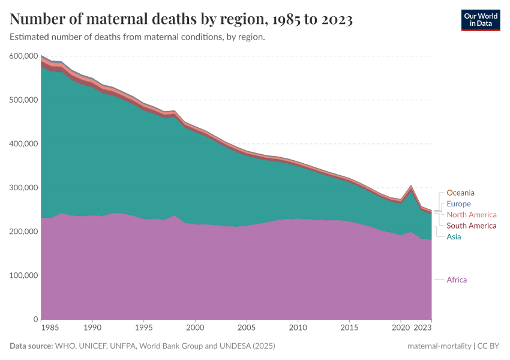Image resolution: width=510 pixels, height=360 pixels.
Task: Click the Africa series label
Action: click(457, 280)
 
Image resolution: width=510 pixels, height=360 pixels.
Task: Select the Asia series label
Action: click(454, 236)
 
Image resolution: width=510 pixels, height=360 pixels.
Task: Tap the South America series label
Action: click(472, 226)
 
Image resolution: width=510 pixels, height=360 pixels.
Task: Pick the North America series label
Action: click(472, 215)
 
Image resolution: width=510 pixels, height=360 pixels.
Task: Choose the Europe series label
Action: click(459, 204)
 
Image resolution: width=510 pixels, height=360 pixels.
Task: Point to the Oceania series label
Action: click(460, 193)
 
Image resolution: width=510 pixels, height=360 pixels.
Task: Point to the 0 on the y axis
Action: click(36, 319)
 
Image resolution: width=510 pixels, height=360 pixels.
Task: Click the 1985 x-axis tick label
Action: click(51, 328)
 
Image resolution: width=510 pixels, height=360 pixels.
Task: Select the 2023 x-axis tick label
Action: click(423, 328)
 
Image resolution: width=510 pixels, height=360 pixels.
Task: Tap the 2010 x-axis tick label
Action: click(298, 328)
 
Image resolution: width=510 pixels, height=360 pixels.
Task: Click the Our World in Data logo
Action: click(480, 20)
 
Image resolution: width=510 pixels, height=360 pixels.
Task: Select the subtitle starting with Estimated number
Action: click(137, 37)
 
